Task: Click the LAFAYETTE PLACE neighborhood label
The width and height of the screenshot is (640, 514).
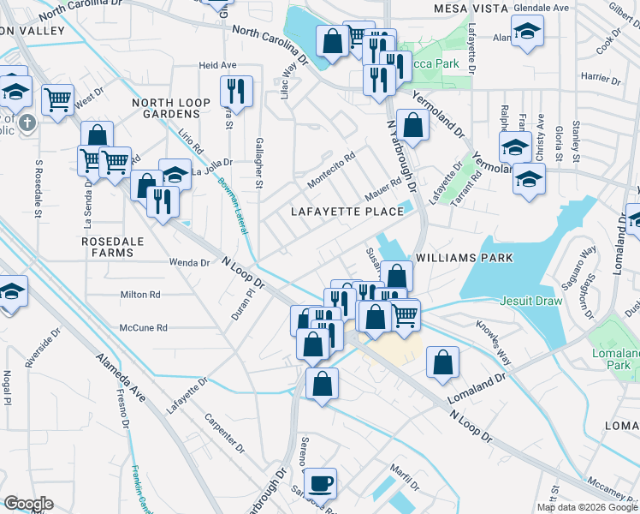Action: coord(347,212)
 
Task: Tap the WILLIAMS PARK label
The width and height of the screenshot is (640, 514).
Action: coord(464,257)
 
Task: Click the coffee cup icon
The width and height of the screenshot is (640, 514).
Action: coord(321,483)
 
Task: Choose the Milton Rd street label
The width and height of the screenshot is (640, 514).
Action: coord(140,295)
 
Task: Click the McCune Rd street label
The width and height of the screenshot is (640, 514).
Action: coord(143,328)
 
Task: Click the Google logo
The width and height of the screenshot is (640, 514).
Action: coord(29,504)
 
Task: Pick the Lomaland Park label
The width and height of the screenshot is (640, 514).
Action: coord(615,359)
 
